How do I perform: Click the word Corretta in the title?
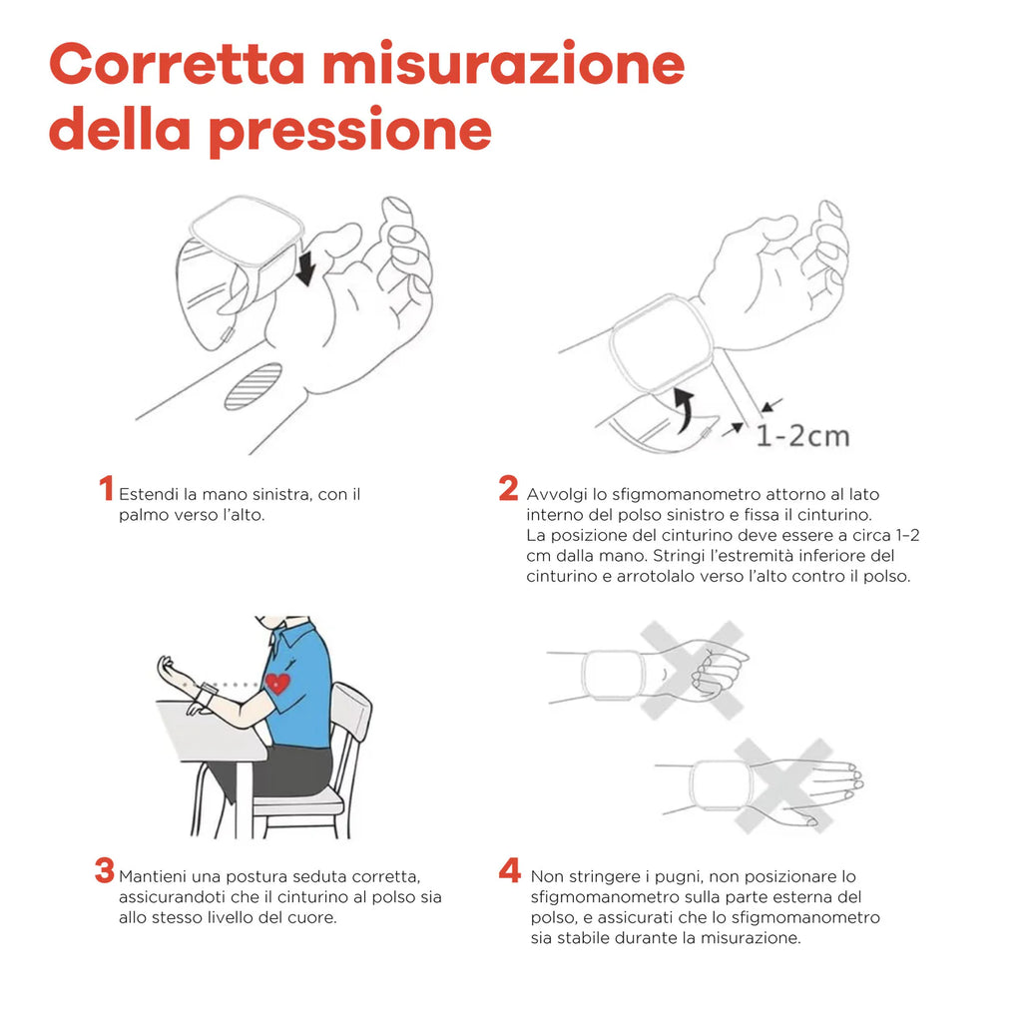pos(177,65)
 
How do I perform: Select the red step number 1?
pos(106,488)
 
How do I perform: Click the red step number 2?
pos(508,488)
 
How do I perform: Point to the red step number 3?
pos(104,870)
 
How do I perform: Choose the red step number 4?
pos(510,870)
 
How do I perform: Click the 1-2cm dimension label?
pos(802,436)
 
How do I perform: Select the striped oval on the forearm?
pos(253,386)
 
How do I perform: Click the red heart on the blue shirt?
pos(277,683)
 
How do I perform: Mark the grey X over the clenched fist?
pos(692,670)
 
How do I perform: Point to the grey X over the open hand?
pos(784,785)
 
